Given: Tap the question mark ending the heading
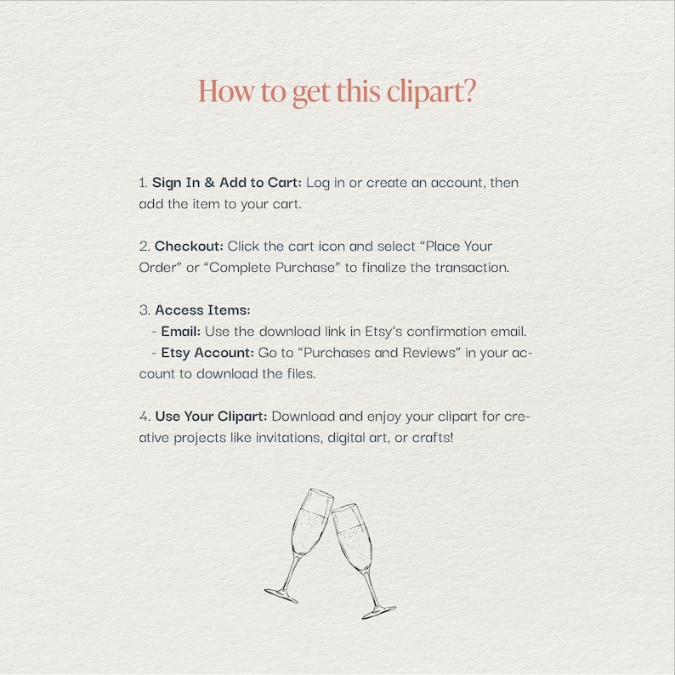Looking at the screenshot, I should coord(468,91).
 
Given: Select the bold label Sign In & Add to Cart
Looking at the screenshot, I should coord(226,183).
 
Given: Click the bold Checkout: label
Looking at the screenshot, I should coord(189,247).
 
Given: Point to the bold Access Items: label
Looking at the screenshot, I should coord(202,310).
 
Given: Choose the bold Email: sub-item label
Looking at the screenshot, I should coord(180,332).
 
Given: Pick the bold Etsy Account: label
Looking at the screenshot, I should coord(207,353).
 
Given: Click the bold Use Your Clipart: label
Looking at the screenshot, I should coord(211,417).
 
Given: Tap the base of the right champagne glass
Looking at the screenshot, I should coord(378,611).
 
